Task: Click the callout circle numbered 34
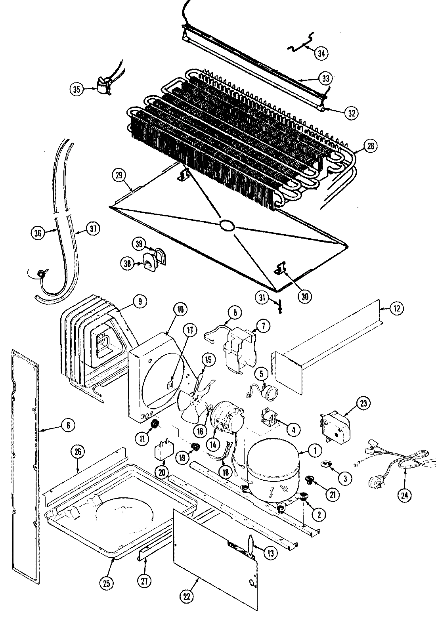coord(322,53)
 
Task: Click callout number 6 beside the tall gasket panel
coord(68,425)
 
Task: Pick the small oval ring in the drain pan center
coord(227,226)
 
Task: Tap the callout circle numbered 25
coord(107,583)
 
